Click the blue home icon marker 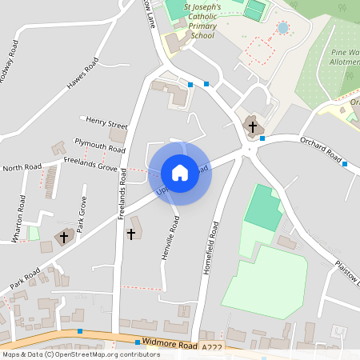pos(180,172)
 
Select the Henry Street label pos(107,126)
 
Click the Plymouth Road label pos(100,145)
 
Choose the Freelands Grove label pos(90,163)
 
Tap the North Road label pos(22,168)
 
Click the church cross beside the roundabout pos(253,126)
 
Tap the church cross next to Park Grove pos(65,238)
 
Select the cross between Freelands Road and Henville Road pos(131,234)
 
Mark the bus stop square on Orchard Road pos(346,164)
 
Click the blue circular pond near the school pos(282,28)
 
